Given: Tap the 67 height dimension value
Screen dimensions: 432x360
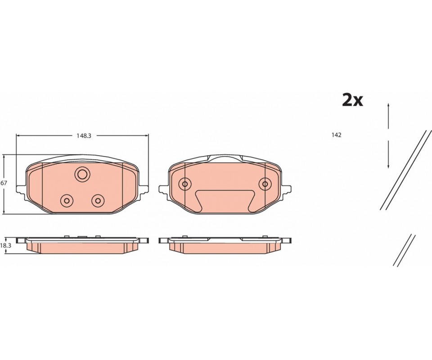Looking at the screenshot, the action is pyautogui.click(x=3, y=183).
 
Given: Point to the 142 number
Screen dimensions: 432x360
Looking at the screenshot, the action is pyautogui.click(x=337, y=135).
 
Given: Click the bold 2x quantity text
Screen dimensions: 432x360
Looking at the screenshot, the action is pyautogui.click(x=352, y=100).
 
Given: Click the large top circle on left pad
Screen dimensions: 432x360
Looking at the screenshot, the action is pyautogui.click(x=82, y=174).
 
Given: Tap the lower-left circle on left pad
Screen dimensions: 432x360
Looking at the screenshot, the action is pyautogui.click(x=67, y=201).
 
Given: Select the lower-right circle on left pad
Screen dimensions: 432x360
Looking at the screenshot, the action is pyautogui.click(x=98, y=201).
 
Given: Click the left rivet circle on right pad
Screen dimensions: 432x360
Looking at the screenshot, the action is pyautogui.click(x=185, y=184).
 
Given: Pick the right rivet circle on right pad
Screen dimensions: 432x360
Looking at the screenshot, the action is pyautogui.click(x=265, y=184).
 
